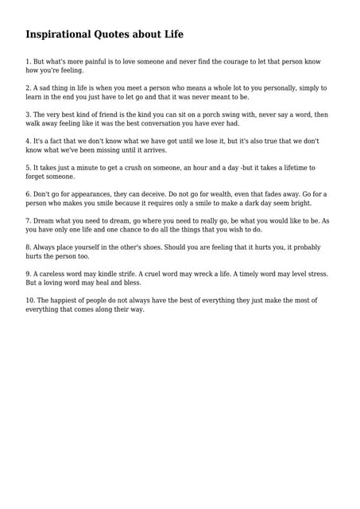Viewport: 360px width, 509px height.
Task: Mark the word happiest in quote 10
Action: [68, 301]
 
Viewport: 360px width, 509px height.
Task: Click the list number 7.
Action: [28, 221]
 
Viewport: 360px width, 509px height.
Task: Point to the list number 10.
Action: [29, 301]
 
